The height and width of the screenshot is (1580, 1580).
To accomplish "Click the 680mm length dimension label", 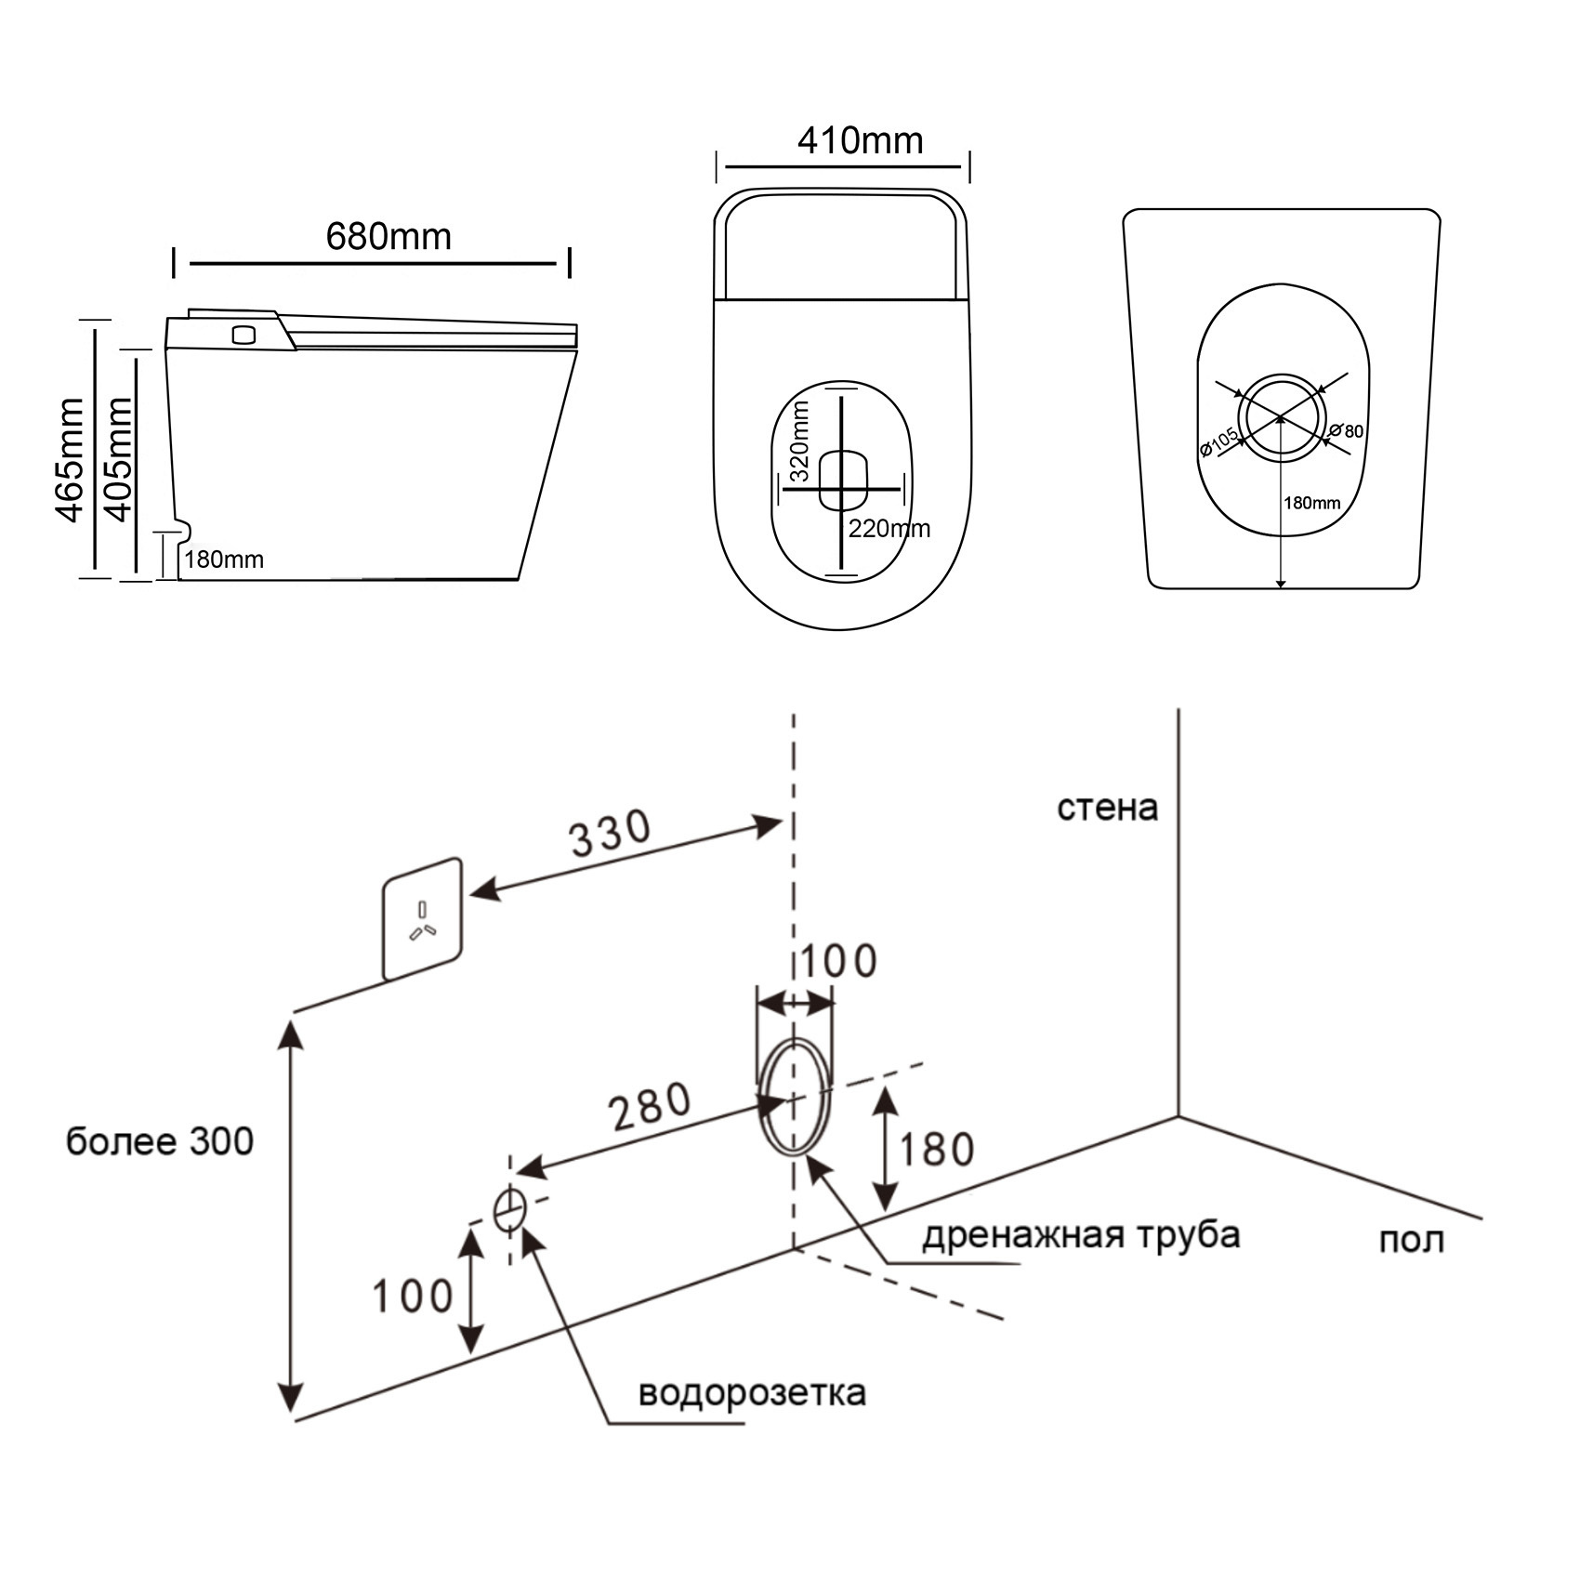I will pos(388,237).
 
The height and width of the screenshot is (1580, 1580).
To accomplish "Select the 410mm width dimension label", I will pos(860,141).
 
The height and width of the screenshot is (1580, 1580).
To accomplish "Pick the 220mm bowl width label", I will pos(889,529).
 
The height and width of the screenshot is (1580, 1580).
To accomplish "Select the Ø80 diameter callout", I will pos(1347,431).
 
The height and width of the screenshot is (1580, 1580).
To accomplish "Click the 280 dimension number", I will pos(649,1106).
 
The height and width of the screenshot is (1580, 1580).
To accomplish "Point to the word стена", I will pos(1107,808).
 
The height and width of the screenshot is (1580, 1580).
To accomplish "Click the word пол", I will pos(1410,1240).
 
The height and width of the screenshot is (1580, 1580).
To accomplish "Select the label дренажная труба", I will pos(1081,1235).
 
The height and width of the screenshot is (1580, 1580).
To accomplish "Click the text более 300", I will pos(160,1141).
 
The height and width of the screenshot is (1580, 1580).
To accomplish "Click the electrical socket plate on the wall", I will pos(423,918).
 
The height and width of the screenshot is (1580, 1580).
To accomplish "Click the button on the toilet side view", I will pos(244,334).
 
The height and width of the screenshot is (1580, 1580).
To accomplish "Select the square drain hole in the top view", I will pos(843,480).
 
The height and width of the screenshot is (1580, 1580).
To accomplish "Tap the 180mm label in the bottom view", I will pos(1311,503).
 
